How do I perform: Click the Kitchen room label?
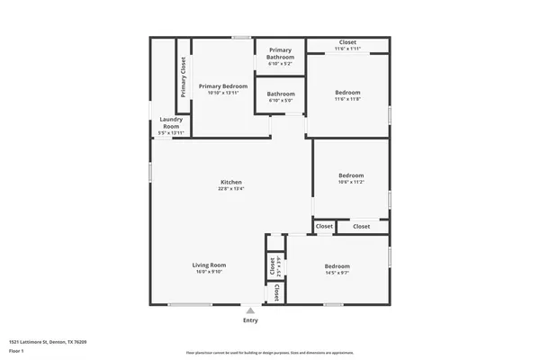231,182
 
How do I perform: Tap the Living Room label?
209,265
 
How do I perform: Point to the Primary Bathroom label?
280,53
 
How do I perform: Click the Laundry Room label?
171,122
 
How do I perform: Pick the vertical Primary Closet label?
184,77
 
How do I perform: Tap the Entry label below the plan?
250,320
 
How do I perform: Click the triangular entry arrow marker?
250,310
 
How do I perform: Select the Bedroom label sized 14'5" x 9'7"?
337,266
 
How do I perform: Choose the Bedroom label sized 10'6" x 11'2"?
351,175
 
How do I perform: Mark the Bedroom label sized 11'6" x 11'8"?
348,93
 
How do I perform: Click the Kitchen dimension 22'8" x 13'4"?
231,189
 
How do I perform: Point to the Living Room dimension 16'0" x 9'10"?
209,272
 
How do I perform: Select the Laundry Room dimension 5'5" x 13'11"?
171,133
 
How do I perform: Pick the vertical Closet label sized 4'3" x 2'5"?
272,265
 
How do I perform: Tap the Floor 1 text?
17,351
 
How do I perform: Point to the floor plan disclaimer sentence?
269,352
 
